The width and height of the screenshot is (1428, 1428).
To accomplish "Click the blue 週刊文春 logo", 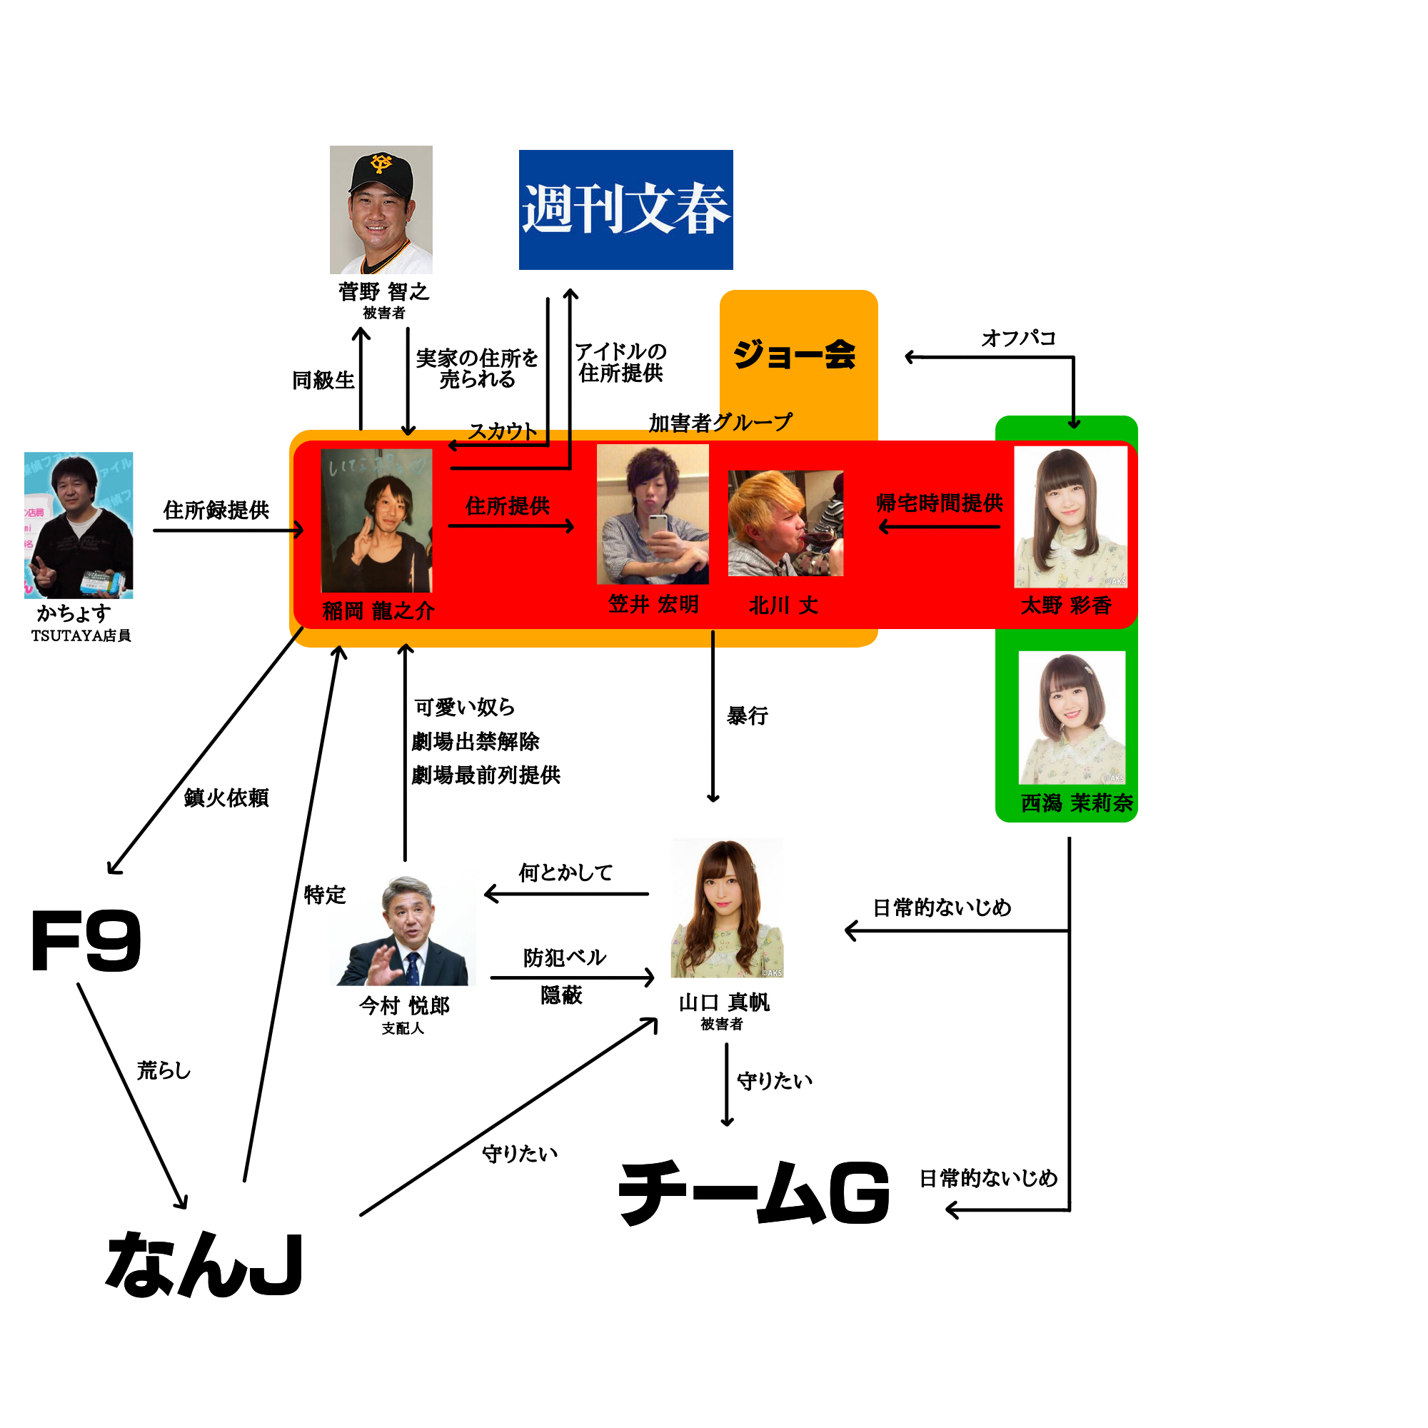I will tap(625, 210).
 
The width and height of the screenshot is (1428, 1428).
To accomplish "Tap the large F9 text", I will tap(86, 941).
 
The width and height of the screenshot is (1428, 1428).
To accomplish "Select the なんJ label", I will tap(204, 1265).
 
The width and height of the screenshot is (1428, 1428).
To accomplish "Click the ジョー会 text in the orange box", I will tap(795, 354).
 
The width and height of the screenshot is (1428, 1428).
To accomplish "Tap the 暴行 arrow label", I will tap(748, 715).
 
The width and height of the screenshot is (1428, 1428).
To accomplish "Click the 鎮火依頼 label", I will tap(226, 798).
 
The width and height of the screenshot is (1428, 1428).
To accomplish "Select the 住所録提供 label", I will tap(216, 510).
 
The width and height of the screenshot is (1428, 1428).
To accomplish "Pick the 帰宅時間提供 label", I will tap(939, 503).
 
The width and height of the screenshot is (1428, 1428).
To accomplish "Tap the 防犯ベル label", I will tap(564, 958).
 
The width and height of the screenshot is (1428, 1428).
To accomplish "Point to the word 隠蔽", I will tap(562, 995).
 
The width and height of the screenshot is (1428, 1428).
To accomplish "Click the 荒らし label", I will tap(164, 1070).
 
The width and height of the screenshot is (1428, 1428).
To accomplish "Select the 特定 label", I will tap(324, 895).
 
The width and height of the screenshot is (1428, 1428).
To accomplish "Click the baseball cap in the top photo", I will tap(381, 172).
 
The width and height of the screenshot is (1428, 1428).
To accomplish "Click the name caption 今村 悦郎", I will tap(404, 1005).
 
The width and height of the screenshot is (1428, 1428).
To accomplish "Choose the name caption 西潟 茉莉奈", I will tap(1076, 803).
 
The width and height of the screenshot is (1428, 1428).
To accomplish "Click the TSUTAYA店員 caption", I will tap(81, 635).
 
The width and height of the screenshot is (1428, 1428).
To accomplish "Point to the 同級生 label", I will tap(323, 380).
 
